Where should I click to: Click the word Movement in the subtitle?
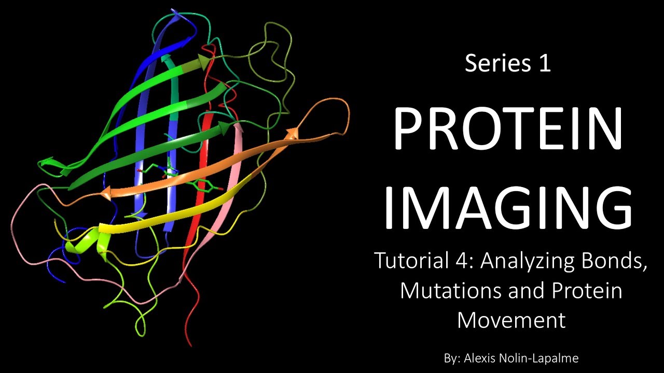(511, 320)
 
